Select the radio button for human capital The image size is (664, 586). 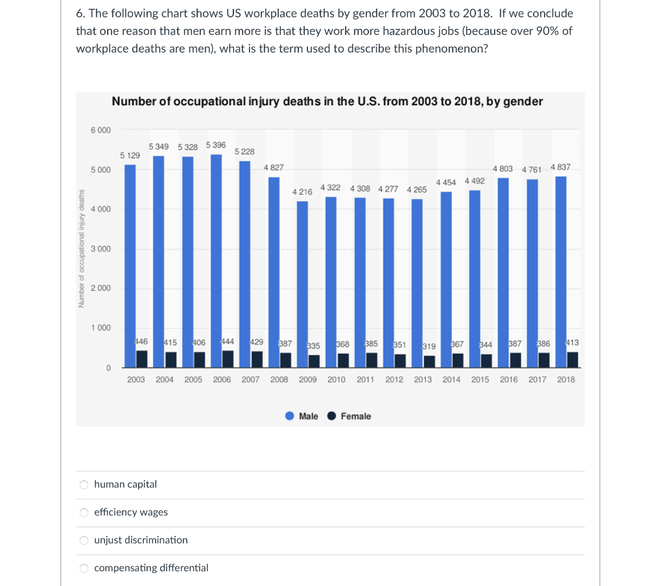[x=84, y=484]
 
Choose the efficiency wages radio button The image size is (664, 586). [x=84, y=512]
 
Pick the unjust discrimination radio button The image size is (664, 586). [x=84, y=540]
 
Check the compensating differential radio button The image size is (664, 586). [x=84, y=568]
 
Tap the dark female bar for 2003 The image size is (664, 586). [x=141, y=359]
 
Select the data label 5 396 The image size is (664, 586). [x=216, y=145]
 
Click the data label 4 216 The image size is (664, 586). [x=302, y=192]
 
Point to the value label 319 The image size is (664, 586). [x=429, y=347]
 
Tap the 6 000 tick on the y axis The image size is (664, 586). [x=101, y=130]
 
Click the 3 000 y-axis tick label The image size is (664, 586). [x=101, y=249]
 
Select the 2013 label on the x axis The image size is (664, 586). [x=423, y=380]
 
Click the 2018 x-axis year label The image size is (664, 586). [x=566, y=380]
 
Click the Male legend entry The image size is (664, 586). [x=302, y=416]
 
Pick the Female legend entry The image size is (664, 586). [x=350, y=416]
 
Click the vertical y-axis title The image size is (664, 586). [x=82, y=249]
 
